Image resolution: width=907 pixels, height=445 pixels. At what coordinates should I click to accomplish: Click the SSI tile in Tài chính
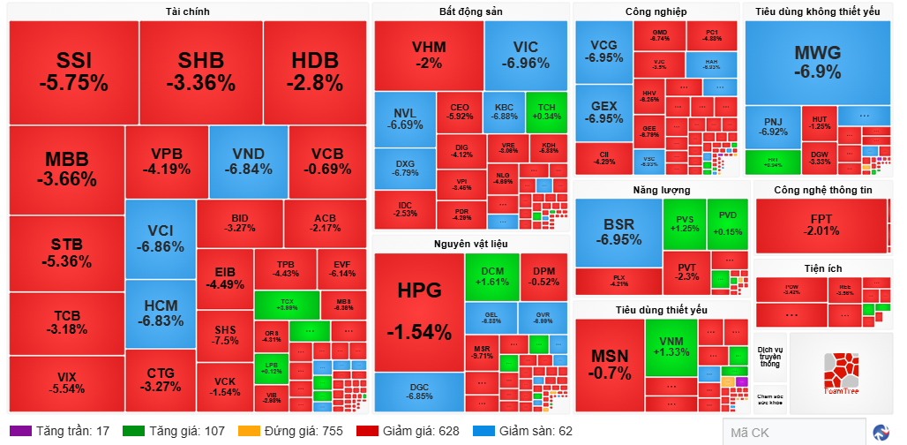point(73,72)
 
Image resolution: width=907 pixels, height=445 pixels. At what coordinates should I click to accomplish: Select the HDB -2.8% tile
point(315,72)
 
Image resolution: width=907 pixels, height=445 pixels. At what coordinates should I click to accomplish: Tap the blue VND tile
point(248,162)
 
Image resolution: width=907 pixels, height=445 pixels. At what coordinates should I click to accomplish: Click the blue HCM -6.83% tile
point(160,313)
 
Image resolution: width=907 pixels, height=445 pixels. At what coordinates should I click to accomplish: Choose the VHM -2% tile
point(429,55)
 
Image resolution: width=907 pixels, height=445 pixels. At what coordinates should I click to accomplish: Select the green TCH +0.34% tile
point(546,111)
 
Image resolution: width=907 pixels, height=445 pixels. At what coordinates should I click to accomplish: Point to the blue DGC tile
point(419,391)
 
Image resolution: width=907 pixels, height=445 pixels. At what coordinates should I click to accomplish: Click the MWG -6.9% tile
point(817,61)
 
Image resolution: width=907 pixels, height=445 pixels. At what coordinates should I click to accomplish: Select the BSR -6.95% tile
point(618,232)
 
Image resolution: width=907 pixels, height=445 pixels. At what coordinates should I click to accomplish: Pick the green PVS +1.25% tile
point(685,223)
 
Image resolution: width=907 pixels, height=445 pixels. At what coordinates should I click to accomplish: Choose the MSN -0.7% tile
point(610,363)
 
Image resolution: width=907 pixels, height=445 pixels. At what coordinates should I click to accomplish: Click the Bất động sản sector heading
point(471,11)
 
